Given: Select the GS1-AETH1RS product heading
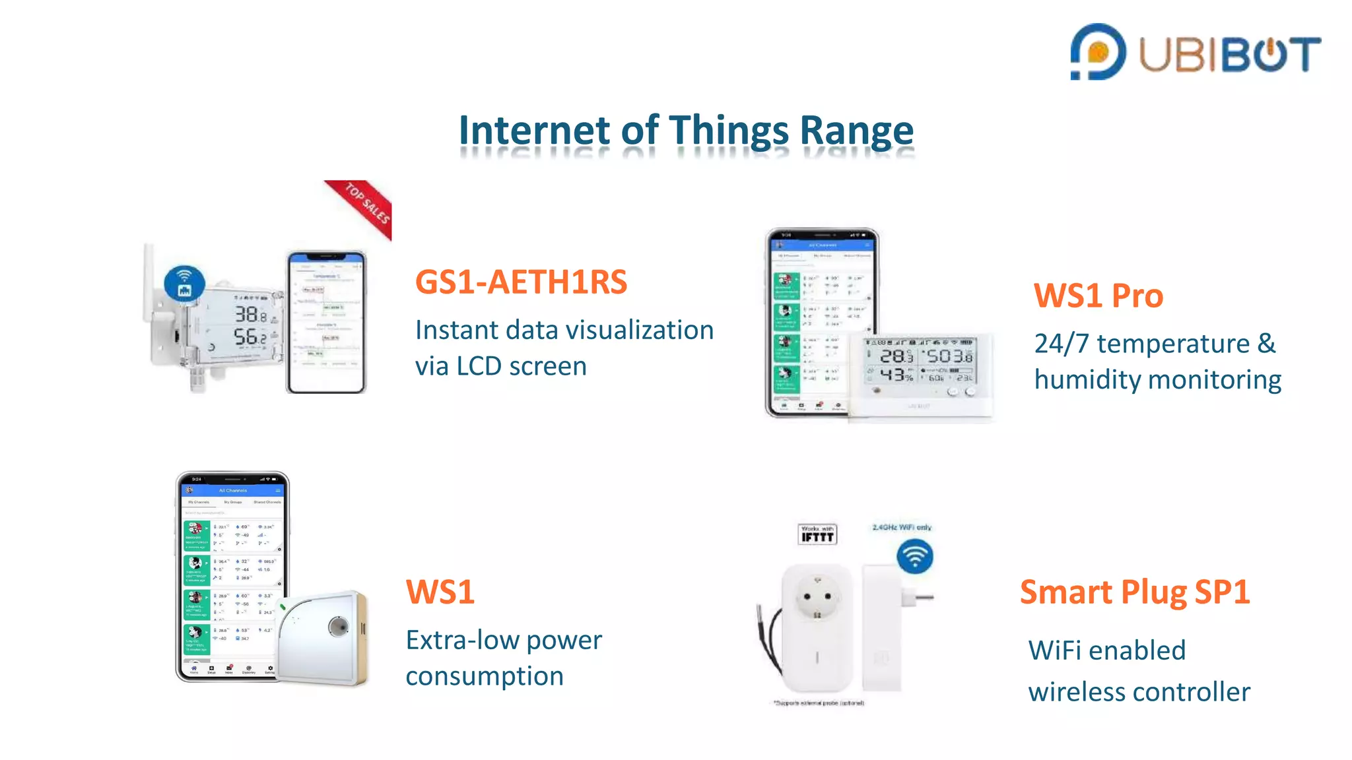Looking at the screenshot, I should click(x=521, y=282).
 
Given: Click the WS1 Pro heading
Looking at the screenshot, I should click(x=1098, y=296).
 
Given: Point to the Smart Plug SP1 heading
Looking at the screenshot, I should click(x=1134, y=592).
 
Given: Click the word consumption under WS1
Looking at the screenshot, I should click(x=484, y=676).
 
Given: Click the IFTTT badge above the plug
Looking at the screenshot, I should click(x=817, y=534).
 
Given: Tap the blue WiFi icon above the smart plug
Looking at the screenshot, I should click(x=914, y=556).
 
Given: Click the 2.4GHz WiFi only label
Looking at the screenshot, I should click(x=901, y=527).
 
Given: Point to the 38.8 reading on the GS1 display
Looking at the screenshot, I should click(x=251, y=315).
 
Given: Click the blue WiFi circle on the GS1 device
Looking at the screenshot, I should click(x=184, y=283).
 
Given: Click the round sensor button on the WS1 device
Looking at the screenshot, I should click(x=339, y=625).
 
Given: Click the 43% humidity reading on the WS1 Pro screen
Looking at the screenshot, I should click(x=896, y=375).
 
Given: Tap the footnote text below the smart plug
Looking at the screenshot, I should click(x=819, y=703).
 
